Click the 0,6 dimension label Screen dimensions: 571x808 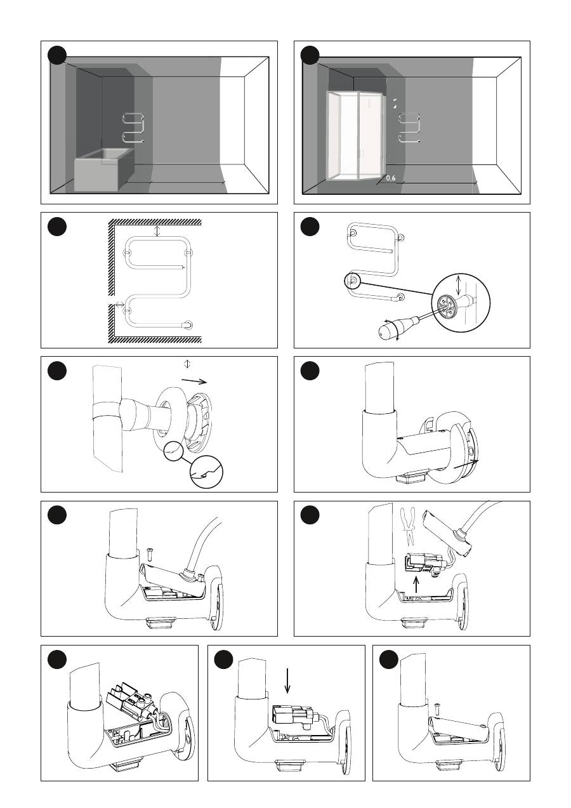390,178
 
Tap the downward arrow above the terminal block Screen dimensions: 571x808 287,680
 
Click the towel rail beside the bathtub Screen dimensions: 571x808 134,128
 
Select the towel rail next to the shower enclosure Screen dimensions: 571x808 409,128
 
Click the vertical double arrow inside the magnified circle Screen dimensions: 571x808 458,285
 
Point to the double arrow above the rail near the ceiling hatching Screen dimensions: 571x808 157,231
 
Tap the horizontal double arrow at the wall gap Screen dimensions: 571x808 119,305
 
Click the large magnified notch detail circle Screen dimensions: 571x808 206,472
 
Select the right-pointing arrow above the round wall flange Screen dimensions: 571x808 194,381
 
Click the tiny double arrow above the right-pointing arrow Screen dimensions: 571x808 187,364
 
